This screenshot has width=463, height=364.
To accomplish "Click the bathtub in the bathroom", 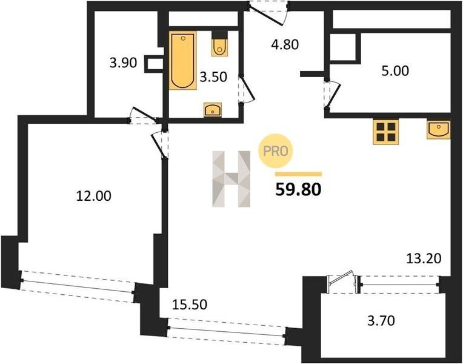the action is [x=182, y=60].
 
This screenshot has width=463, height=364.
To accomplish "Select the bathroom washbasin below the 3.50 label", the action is [x=213, y=110].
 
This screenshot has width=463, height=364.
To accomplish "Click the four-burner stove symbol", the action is [x=385, y=132].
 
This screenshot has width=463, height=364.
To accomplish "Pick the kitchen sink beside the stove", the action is [x=439, y=130].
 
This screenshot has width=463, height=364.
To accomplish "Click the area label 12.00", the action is [x=93, y=196].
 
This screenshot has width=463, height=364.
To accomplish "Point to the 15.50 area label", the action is [x=189, y=305].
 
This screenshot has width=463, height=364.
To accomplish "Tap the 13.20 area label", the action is [x=424, y=258].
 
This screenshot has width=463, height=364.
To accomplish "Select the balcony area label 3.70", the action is [x=381, y=320].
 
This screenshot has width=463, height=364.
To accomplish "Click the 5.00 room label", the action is [x=395, y=71].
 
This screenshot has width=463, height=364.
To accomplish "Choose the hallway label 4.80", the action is [x=285, y=45].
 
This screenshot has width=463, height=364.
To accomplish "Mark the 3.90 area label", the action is [x=123, y=63].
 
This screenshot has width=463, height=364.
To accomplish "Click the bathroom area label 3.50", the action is [x=213, y=77].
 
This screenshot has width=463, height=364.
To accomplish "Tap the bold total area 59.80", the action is [x=298, y=190].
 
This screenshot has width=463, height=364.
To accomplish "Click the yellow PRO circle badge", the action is [x=275, y=151].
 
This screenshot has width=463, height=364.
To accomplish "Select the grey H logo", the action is [x=232, y=179].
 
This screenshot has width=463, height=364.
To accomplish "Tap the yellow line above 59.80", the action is [x=298, y=174].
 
